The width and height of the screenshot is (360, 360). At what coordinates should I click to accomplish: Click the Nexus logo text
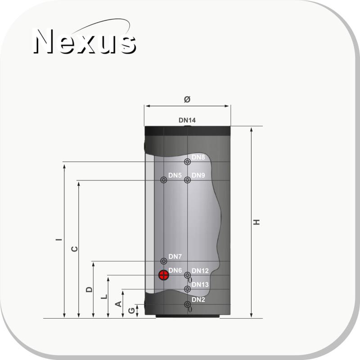click(85, 41)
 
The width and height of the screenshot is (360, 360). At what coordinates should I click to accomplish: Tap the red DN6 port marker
click(164, 275)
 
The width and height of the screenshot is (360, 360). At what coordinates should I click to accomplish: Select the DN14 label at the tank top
click(187, 120)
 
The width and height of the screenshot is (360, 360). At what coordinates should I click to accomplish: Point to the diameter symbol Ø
click(187, 99)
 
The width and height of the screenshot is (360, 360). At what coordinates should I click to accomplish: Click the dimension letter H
click(256, 222)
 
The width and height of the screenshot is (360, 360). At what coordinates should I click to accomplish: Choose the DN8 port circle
click(188, 162)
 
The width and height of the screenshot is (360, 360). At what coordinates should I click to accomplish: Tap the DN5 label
click(175, 175)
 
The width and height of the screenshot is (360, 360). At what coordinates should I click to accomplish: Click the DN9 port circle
click(188, 180)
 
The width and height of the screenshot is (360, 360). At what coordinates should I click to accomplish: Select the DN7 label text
click(175, 256)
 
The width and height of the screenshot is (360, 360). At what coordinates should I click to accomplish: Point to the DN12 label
click(200, 271)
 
